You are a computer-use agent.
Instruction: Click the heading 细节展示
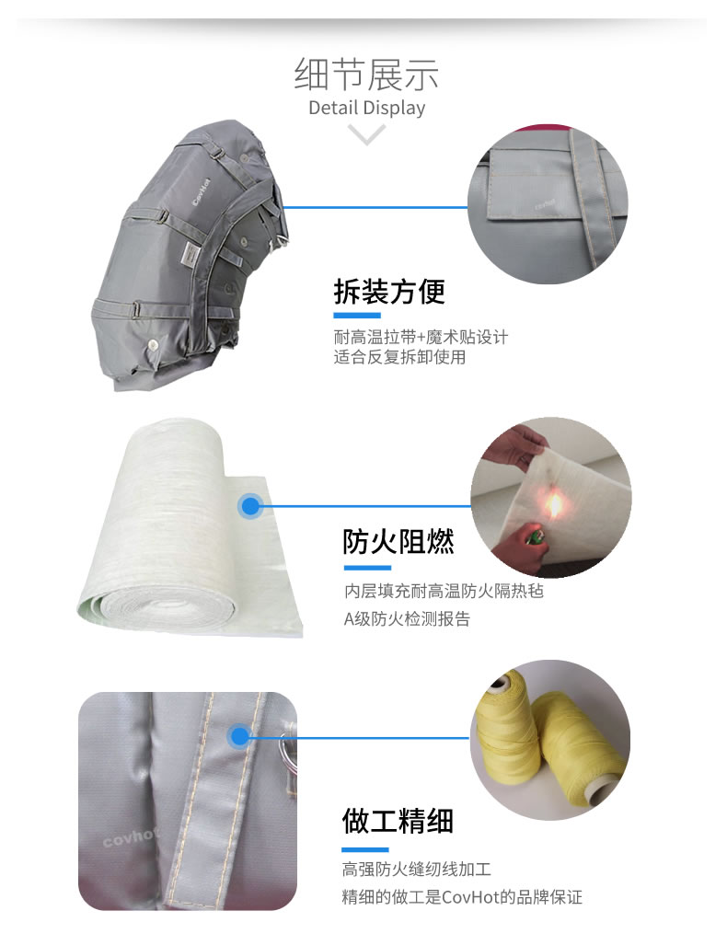click(x=366, y=75)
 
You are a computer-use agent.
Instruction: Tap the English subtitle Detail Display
click(x=366, y=108)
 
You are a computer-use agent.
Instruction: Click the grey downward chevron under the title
click(x=366, y=134)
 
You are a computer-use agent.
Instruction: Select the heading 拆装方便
click(x=389, y=292)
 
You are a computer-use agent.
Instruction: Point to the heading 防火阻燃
click(x=398, y=541)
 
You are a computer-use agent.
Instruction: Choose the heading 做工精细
click(x=398, y=821)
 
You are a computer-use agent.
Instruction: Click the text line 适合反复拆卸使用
click(x=399, y=357)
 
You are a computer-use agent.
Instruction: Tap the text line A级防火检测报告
click(x=407, y=619)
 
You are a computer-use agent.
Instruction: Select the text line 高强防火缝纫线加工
click(x=417, y=869)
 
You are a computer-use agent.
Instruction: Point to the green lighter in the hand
click(x=532, y=536)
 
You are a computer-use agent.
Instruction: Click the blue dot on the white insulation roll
click(x=250, y=506)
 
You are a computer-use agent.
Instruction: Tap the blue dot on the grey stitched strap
click(x=239, y=736)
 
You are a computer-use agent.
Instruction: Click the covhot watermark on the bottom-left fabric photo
click(x=130, y=836)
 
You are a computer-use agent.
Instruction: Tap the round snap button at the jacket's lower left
click(x=153, y=345)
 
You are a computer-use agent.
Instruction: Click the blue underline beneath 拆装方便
click(x=357, y=316)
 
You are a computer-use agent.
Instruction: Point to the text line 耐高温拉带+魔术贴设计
click(x=421, y=336)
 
